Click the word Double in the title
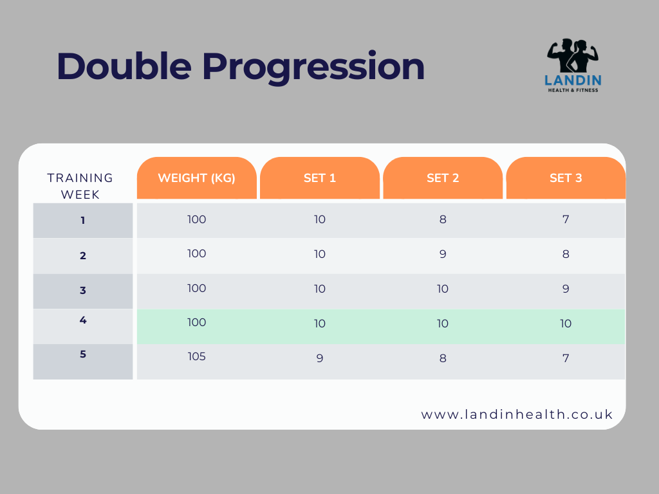coord(124,66)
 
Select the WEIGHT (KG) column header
coord(196,178)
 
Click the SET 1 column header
coord(320,178)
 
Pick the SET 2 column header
coord(443,178)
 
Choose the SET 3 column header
coord(566,178)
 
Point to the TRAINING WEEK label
coord(80,186)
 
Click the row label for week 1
coord(83,221)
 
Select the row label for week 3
coord(83,290)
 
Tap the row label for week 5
coord(83,354)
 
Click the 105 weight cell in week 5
coord(197,356)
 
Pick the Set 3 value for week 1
coord(566,219)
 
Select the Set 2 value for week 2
coord(443,254)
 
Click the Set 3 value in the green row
coord(566,324)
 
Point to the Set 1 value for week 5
coord(320,358)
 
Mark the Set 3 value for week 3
coord(566,289)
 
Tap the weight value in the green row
coord(197,322)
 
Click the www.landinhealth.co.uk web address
coord(517,415)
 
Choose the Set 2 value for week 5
coord(443,358)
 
